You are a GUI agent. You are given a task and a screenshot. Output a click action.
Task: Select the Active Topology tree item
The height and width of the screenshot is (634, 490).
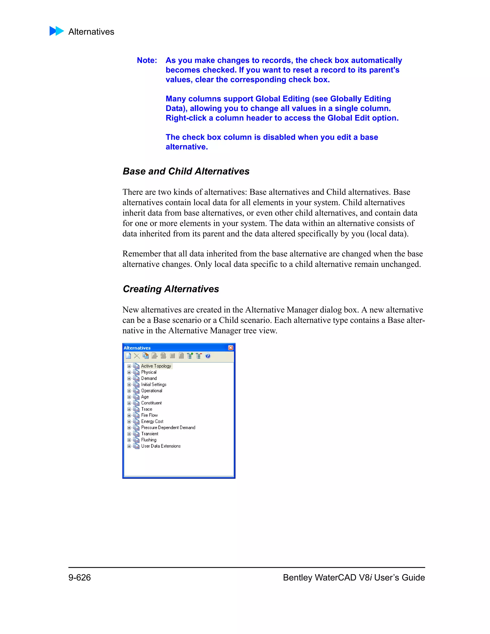coord(156,366)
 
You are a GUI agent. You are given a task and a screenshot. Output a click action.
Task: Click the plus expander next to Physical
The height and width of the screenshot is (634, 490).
coord(129,373)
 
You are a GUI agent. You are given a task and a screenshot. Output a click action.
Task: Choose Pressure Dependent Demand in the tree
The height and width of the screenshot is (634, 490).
coord(168,428)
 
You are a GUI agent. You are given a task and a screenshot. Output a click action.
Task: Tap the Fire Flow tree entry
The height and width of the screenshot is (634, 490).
coord(149,415)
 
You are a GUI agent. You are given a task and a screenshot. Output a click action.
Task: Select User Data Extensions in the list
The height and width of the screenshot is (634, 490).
coord(161,446)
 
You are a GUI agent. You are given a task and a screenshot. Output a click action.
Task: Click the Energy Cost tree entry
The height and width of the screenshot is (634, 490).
coord(152,422)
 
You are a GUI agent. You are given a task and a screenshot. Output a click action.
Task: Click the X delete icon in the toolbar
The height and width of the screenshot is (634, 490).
coord(137,356)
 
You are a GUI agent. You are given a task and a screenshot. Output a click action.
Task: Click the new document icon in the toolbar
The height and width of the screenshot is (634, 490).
coord(128,356)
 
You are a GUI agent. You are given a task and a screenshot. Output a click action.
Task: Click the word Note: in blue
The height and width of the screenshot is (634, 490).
coord(147,60)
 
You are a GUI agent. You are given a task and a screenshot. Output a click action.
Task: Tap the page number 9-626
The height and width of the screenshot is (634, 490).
coord(79,577)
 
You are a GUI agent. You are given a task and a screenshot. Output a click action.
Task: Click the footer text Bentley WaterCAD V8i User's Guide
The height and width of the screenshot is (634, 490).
coord(354,577)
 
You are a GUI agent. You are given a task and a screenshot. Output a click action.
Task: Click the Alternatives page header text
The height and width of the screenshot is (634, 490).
coord(91,32)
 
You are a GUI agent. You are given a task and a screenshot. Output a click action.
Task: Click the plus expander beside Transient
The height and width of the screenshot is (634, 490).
coord(129,434)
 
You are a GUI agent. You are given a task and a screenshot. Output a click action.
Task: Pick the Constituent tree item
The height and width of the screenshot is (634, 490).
coord(151,403)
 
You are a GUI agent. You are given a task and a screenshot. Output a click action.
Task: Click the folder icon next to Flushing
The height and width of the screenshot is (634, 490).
coord(136,440)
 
